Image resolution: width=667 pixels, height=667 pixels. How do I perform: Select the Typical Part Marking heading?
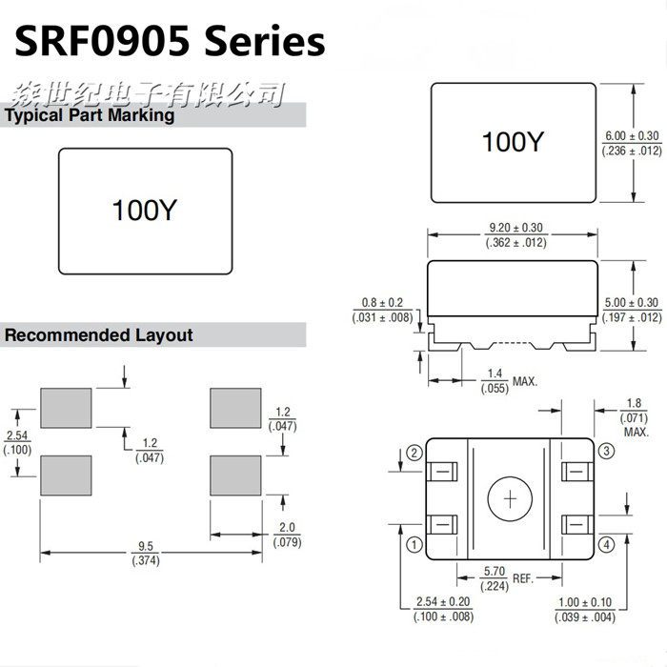tap(90, 115)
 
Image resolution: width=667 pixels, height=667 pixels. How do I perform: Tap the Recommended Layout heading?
tap(98, 335)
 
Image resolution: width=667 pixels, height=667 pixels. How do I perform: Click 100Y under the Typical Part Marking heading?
tap(144, 210)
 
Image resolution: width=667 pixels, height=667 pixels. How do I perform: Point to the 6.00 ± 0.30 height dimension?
tap(631, 143)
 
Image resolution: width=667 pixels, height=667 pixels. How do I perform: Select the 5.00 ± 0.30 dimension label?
tap(631, 310)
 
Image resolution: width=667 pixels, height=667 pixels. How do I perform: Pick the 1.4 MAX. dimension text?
tap(506, 381)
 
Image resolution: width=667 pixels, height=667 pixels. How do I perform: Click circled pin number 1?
tap(414, 545)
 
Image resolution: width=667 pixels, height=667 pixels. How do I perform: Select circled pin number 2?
tap(414, 453)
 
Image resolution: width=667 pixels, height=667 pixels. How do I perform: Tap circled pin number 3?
tap(607, 450)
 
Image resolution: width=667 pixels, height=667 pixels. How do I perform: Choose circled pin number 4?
tap(607, 545)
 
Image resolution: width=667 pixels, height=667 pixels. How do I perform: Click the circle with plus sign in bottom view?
tap(511, 498)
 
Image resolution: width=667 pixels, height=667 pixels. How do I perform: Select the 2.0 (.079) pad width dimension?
tap(287, 536)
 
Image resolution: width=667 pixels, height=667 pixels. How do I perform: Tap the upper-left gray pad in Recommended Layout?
tap(66, 408)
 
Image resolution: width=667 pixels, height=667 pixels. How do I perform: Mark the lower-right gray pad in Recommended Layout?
tap(235, 474)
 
